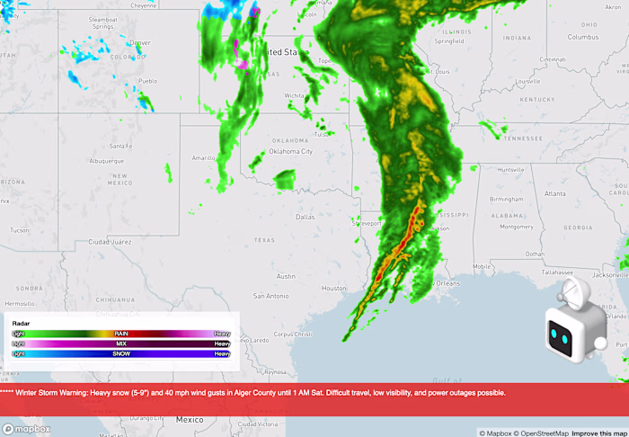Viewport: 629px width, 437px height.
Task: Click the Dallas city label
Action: click(x=306, y=217)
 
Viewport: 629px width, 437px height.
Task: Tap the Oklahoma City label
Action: click(x=290, y=151)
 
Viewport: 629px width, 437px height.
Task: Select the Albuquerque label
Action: click(x=113, y=160)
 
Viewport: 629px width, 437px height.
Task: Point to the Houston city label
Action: click(x=334, y=288)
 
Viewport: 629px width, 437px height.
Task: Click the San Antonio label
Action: click(x=270, y=296)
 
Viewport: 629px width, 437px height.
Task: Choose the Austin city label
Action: click(x=286, y=276)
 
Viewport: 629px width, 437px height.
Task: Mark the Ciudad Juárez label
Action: click(x=110, y=242)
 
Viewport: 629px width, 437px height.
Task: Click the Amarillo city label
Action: click(x=204, y=157)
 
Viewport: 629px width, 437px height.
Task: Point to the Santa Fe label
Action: click(x=121, y=146)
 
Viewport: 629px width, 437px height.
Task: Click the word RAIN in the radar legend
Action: click(x=121, y=334)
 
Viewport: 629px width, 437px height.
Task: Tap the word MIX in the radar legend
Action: click(x=121, y=343)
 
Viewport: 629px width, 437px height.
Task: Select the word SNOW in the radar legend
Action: click(x=121, y=353)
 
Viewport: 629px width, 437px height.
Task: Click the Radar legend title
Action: click(x=21, y=323)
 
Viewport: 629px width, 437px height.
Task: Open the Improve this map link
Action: click(x=600, y=433)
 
